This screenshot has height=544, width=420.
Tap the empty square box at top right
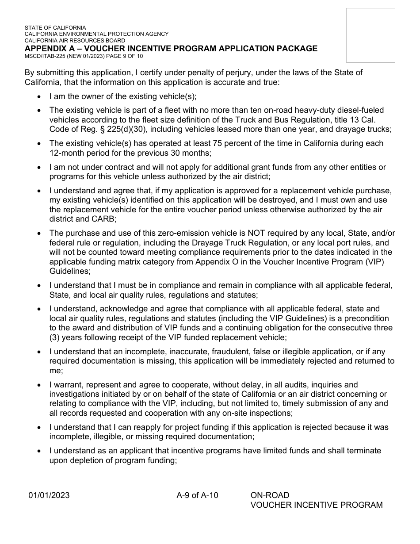coord(370,35)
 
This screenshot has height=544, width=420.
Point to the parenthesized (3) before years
coord(54,337)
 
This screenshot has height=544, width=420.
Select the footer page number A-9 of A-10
coord(197,495)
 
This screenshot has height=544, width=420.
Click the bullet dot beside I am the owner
coord(40,96)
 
